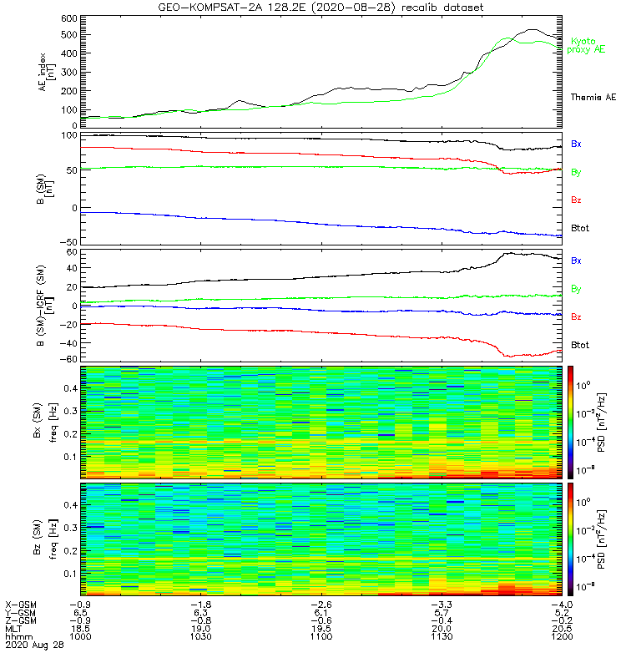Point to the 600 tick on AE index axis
pos(69,18)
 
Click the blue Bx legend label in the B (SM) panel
pos(576,144)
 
